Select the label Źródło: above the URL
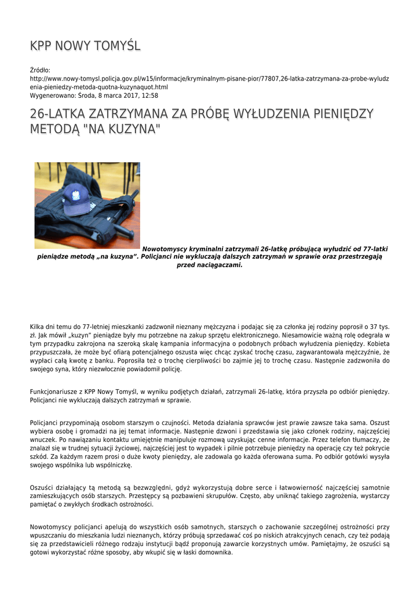(40, 70)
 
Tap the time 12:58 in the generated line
(150, 96)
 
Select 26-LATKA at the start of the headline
(56, 114)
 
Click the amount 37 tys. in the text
(378, 327)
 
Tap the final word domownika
(213, 552)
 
